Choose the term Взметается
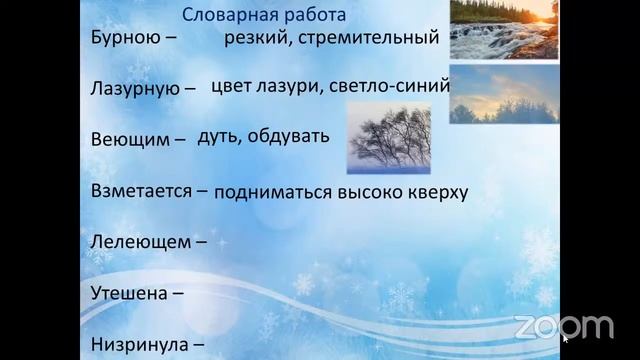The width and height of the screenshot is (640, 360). pyautogui.click(x=140, y=189)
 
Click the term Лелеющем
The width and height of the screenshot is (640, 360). pyautogui.click(x=135, y=241)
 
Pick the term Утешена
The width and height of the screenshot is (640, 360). pyautogui.click(x=123, y=294)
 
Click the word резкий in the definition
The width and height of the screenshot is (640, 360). pyautogui.click(x=255, y=39)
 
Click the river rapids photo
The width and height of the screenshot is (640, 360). pyautogui.click(x=503, y=29)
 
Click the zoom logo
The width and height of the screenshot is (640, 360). pyautogui.click(x=563, y=326)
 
